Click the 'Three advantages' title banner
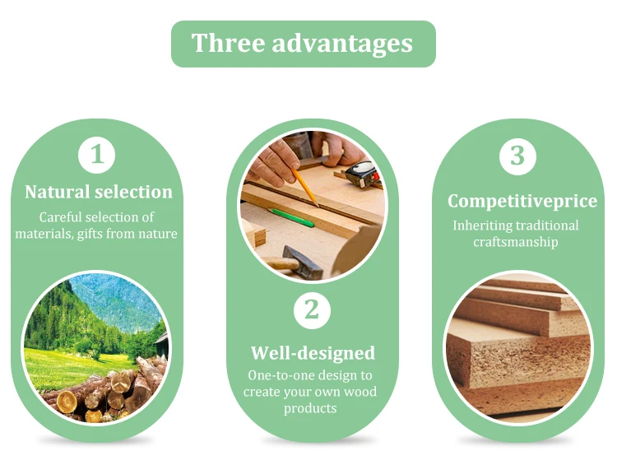point(304,44)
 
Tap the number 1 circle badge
point(97,155)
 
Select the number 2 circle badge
point(312,310)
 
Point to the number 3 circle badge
point(517,156)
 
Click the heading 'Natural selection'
point(99,192)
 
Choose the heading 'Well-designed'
point(313,353)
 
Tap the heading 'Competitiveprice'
point(522,201)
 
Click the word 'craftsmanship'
point(516,242)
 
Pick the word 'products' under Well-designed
point(310,408)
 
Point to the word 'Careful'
point(61,217)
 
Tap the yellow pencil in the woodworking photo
point(304,187)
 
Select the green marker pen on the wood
point(291,218)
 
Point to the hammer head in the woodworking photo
point(303,263)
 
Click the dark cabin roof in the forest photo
point(162,342)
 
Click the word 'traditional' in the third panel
point(547,226)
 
